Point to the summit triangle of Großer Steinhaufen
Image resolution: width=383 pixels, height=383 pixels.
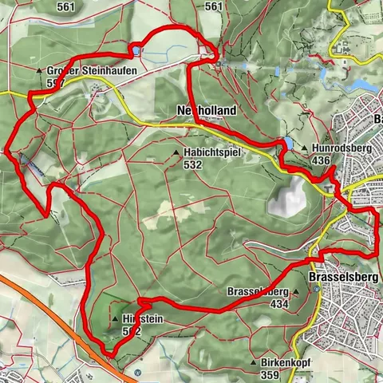pyautogui.click(x=38, y=71)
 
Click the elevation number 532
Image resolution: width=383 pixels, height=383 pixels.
pyautogui.click(x=191, y=164)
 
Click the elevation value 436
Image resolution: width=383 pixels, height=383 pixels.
pyautogui.click(x=322, y=160)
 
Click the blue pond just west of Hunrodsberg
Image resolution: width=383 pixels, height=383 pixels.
pyautogui.click(x=285, y=143)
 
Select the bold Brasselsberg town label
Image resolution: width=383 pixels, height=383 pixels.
pyautogui.click(x=340, y=276)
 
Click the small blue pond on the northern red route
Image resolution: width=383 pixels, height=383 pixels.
pyautogui.click(x=136, y=51)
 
